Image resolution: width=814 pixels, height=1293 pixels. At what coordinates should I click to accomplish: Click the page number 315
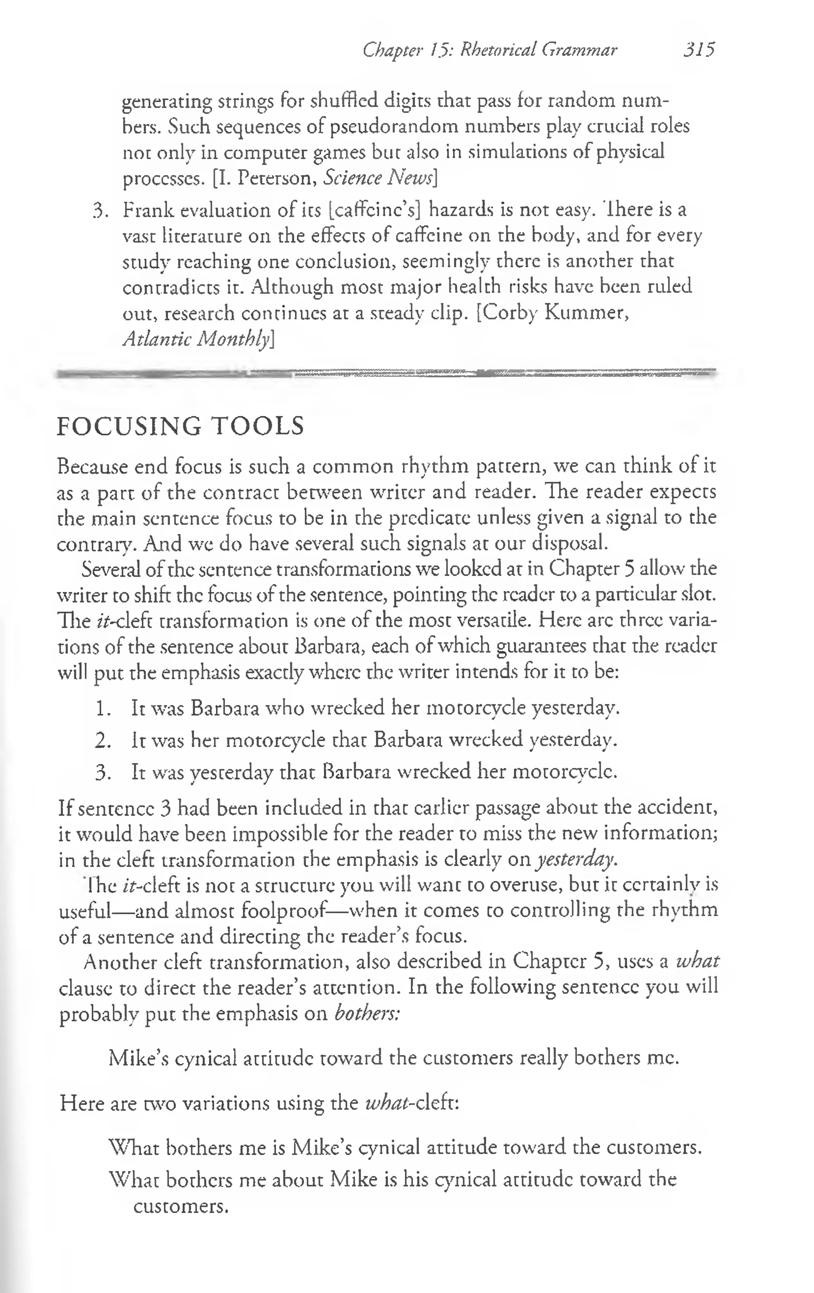coord(699,50)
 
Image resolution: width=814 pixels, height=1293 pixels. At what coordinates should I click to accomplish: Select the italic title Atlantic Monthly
coord(196,339)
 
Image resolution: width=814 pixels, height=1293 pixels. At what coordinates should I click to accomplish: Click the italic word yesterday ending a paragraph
coord(576,860)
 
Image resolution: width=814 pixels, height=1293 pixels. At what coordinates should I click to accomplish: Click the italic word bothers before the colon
coord(366,1014)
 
